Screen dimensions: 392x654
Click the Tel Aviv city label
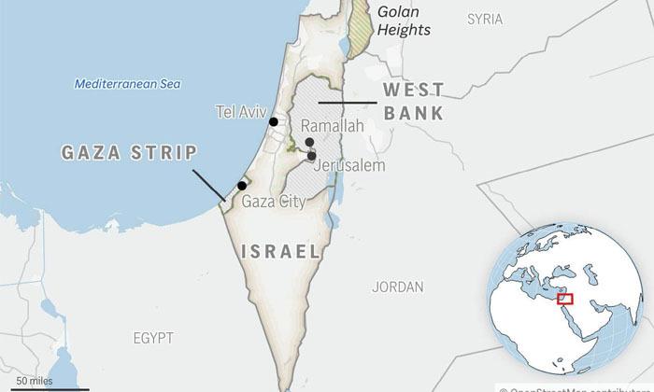[240, 110]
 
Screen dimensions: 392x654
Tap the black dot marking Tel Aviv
[274, 121]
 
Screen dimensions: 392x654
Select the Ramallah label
[333, 125]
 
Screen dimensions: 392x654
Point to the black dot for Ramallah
[309, 142]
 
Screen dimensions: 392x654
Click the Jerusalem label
[349, 165]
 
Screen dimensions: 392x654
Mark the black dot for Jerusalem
[312, 156]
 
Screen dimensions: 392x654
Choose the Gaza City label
[273, 201]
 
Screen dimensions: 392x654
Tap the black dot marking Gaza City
[242, 186]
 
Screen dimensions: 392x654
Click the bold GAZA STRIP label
[130, 153]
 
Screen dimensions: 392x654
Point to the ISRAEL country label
[280, 252]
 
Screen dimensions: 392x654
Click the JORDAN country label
[397, 287]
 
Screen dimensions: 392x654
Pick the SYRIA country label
[484, 19]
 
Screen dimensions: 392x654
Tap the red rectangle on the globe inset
[565, 298]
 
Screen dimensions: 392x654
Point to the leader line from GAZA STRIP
[207, 184]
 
